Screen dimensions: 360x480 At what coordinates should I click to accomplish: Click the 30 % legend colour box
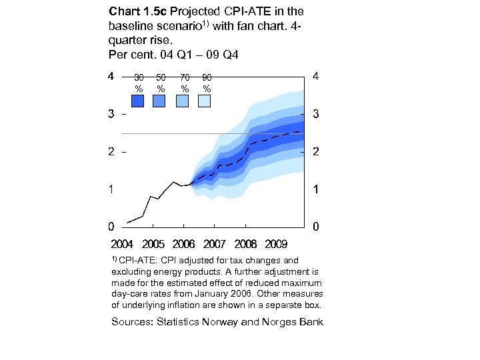(x=138, y=101)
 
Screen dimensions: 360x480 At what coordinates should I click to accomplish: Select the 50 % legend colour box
(x=159, y=101)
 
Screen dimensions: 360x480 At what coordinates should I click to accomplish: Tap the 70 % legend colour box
(x=182, y=101)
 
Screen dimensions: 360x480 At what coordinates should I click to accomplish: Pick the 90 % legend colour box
(x=204, y=101)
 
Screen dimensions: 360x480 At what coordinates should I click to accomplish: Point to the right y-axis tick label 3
(x=315, y=115)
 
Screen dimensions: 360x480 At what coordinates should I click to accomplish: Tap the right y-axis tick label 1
(x=315, y=190)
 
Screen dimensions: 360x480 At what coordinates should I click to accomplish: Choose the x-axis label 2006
(x=184, y=244)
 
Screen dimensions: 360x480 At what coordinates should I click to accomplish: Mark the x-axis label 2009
(x=275, y=244)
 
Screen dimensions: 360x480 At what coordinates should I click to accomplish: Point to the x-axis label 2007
(x=215, y=244)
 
